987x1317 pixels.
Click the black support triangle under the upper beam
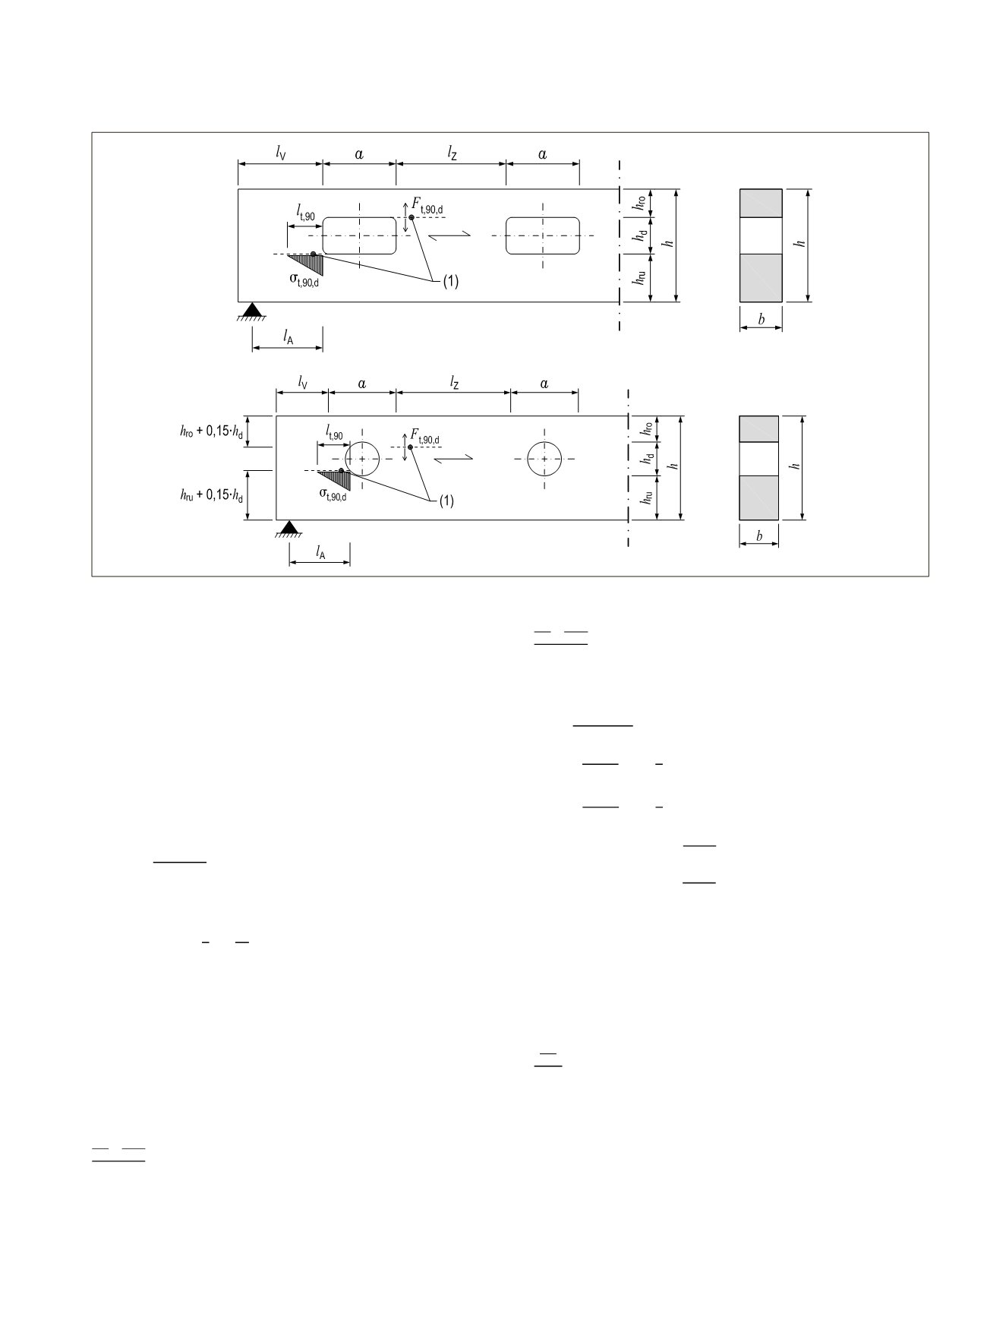(251, 309)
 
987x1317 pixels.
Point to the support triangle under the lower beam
(289, 528)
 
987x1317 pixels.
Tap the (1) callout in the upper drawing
(451, 282)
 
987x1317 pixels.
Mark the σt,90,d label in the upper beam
(304, 280)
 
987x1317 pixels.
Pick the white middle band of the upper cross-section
(761, 235)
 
